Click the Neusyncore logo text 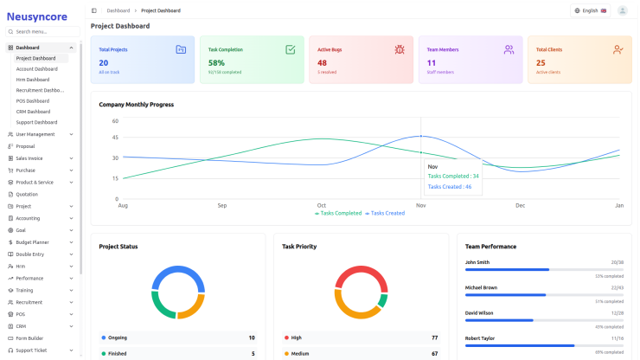coord(36,15)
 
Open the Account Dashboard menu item coord(36,69)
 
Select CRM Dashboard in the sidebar coord(33,112)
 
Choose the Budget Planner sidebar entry coord(32,242)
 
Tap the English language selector coord(590,10)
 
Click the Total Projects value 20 coord(104,62)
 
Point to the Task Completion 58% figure coord(216,62)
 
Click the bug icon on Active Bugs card coord(399,50)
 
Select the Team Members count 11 coord(432,62)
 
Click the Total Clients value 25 coord(541,62)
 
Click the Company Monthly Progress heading coord(136,105)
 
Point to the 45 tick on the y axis coord(114,138)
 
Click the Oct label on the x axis coord(321,205)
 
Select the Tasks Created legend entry coord(387,213)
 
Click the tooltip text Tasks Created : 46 coord(450,186)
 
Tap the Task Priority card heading coord(299,247)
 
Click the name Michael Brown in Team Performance coord(483,286)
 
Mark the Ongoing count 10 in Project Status coord(252,337)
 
